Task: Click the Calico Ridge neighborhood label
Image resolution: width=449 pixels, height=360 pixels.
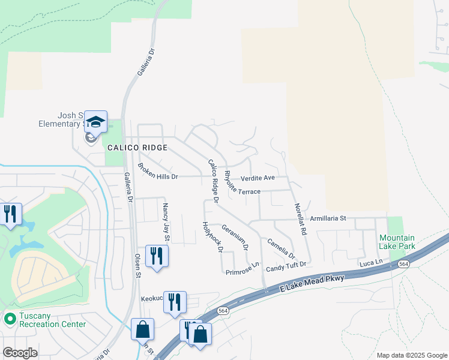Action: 137,147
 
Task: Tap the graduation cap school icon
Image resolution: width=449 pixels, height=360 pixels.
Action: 95,122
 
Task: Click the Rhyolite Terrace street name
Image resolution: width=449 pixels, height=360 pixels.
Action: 242,183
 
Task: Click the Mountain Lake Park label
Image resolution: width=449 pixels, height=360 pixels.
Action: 397,242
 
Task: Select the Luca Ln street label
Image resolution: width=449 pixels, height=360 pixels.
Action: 370,262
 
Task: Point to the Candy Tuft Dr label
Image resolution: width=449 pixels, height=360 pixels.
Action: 286,265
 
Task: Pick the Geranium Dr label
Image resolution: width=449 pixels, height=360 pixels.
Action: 235,237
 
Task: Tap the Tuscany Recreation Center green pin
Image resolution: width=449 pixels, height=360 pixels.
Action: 10,318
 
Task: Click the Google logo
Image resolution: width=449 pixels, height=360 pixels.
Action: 20,353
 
